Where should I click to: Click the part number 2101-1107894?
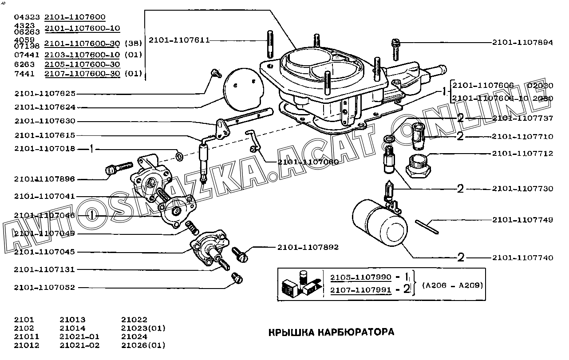tap(522, 43)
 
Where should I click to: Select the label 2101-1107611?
tap(179, 40)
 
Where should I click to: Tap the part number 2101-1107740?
tap(522, 257)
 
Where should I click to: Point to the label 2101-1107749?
tap(522, 220)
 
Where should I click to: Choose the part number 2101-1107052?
tap(44, 288)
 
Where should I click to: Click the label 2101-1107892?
tap(308, 247)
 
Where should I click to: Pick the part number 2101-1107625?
tap(44, 94)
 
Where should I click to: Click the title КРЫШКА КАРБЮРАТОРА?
tap(331, 332)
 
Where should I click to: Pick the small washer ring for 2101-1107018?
tap(180, 156)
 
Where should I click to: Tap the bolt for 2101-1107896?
tap(117, 168)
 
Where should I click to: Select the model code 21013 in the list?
tap(72, 320)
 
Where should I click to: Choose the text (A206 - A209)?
tap(452, 285)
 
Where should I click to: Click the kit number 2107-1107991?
tap(361, 290)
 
